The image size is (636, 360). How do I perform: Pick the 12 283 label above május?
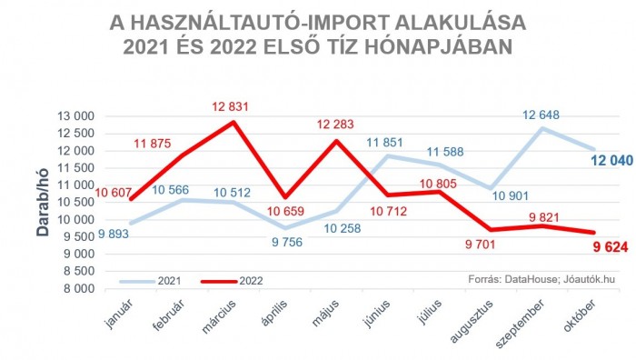(338, 124)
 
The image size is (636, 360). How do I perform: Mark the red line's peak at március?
(234, 122)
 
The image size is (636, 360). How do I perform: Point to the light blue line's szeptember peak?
(542, 128)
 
